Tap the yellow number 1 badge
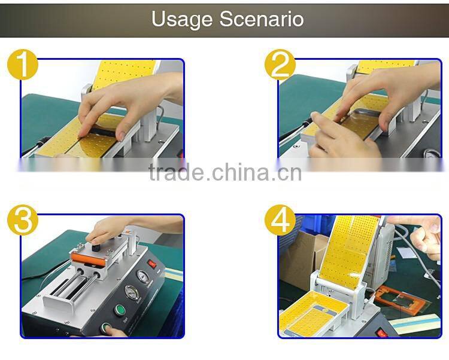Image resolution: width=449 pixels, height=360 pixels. click(x=23, y=65)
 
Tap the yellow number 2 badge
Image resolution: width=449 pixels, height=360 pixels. click(x=280, y=65)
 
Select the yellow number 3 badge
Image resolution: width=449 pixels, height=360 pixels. click(x=23, y=221)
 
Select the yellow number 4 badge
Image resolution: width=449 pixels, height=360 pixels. click(x=280, y=221)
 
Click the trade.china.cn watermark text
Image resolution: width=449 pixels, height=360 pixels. click(x=225, y=173)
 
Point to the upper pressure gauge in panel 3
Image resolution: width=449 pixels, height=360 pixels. click(x=141, y=276)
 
